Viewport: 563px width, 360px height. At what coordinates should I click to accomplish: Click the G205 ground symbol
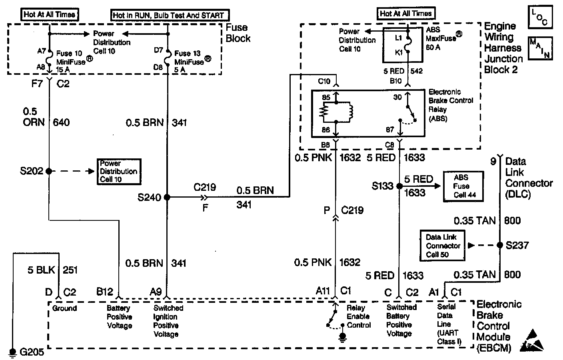pos(13,352)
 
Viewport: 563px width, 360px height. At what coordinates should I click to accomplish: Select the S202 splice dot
pos(49,171)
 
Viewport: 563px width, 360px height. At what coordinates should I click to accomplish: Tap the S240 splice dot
pos(167,197)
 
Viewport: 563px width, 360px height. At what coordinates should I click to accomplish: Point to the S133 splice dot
pos(399,186)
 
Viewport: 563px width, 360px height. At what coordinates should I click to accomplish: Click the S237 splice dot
pos(499,245)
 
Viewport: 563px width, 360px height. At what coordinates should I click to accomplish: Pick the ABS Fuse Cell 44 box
pos(463,186)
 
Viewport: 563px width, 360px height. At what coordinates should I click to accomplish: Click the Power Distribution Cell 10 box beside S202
pos(118,171)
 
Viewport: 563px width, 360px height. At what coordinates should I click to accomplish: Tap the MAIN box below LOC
pos(540,48)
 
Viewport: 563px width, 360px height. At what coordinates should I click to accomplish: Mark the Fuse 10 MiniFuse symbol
pos(49,60)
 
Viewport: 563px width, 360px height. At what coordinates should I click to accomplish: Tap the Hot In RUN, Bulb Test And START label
pos(170,16)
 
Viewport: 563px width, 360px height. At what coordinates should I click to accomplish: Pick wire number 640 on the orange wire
pos(61,122)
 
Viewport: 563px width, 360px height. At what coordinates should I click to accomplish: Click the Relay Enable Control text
pos(359,316)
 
